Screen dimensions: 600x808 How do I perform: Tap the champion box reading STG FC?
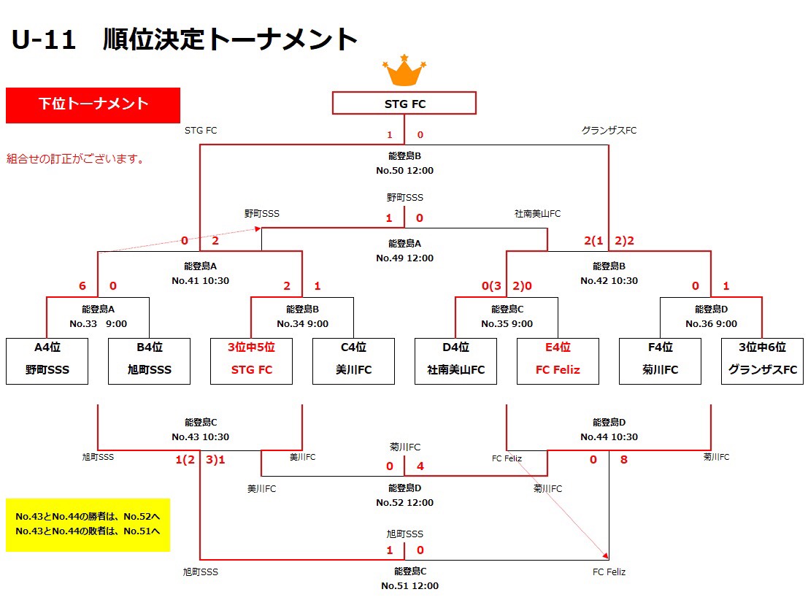[404, 104]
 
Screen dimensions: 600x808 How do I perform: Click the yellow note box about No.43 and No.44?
[88, 524]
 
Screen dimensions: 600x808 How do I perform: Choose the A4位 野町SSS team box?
[47, 361]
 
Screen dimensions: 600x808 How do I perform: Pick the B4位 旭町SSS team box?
[149, 361]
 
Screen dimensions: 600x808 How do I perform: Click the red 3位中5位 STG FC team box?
[251, 361]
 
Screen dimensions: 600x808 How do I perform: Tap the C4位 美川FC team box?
[353, 361]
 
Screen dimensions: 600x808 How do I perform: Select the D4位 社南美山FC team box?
[455, 361]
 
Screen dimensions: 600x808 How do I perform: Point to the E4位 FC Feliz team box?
[558, 361]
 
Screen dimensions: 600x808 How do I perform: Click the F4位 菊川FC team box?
[660, 361]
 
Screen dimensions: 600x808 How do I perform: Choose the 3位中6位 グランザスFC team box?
[762, 361]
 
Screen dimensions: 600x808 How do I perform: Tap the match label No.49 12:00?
[404, 258]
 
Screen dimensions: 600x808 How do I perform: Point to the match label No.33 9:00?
[98, 324]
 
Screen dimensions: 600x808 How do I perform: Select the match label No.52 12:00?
[404, 502]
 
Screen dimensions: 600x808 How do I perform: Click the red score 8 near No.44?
[623, 460]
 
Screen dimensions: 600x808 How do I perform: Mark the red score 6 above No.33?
[82, 286]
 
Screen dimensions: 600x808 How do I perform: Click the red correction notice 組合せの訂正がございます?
[74, 158]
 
